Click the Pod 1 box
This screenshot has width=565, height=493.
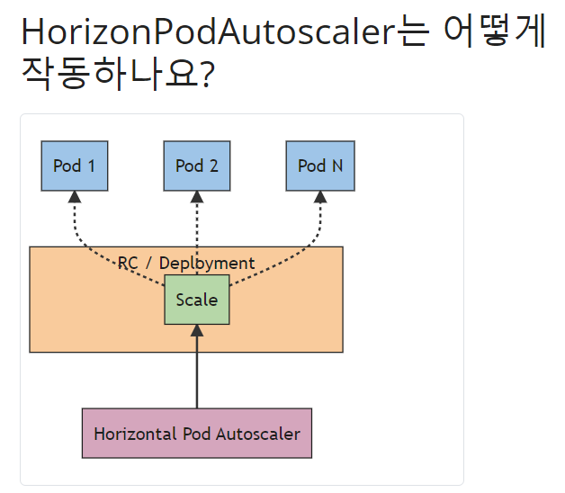tap(75, 166)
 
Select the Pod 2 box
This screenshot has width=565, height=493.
tap(197, 166)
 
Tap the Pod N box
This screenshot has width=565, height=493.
tap(319, 166)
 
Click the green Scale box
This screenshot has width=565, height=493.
tap(197, 300)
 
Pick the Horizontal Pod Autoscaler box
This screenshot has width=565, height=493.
tap(197, 433)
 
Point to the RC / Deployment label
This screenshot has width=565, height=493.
tap(186, 263)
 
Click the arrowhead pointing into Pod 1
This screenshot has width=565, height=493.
tap(75, 197)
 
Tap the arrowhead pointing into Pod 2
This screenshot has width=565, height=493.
tap(197, 197)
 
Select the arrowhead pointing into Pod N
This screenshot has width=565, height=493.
tap(319, 197)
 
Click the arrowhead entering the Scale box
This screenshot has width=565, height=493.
tap(197, 330)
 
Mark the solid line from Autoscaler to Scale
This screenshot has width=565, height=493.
tap(197, 373)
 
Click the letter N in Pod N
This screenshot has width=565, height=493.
tap(336, 166)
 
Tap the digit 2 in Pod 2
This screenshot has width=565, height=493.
tap(213, 166)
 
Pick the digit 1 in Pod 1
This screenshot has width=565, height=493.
tap(90, 166)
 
